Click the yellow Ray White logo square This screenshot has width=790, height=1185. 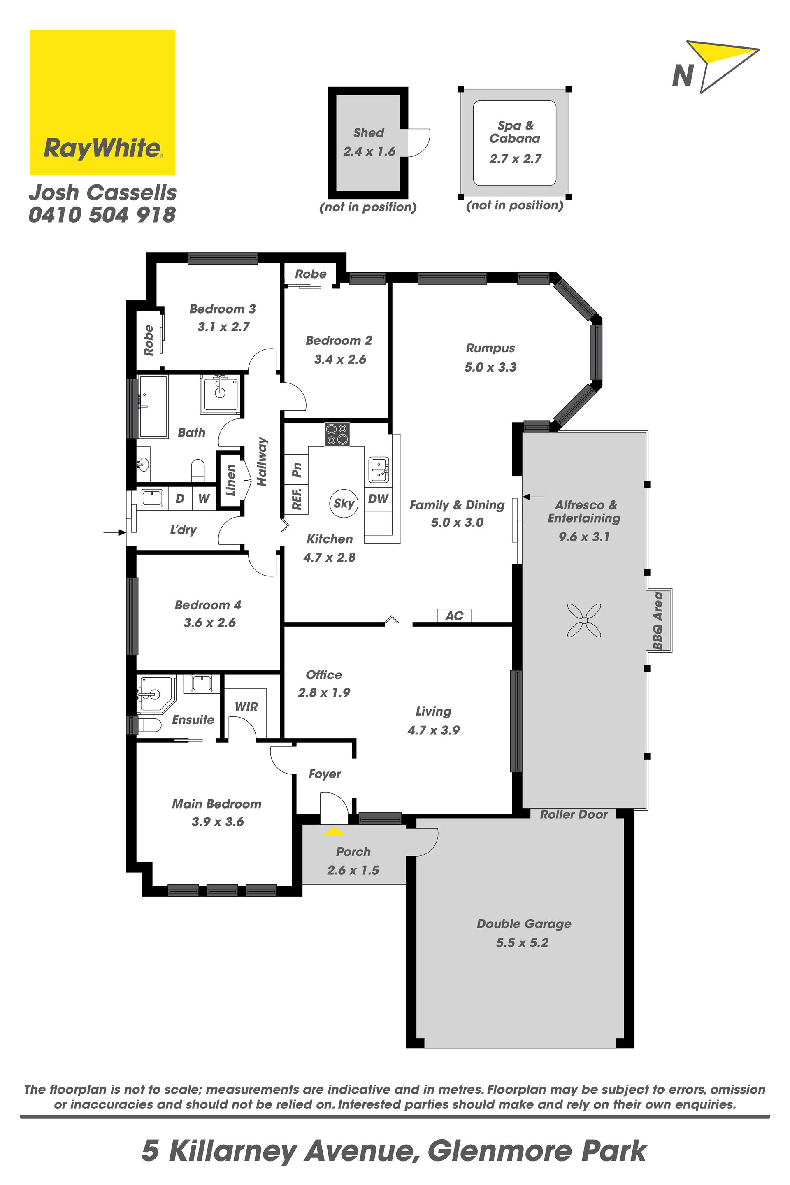tap(102, 102)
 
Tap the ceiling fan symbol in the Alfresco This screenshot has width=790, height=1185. tap(584, 620)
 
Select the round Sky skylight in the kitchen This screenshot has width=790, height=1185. tap(344, 503)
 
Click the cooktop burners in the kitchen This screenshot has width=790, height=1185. tap(337, 434)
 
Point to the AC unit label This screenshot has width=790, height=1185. tap(454, 616)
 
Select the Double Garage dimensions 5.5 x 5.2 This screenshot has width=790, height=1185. tap(522, 943)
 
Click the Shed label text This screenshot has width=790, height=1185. tap(368, 133)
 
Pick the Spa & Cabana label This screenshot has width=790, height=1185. tap(515, 132)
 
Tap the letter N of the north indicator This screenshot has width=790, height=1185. tap(683, 76)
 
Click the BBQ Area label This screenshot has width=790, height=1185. tap(658, 620)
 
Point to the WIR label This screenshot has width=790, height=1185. tap(246, 707)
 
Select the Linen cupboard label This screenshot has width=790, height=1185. tap(230, 480)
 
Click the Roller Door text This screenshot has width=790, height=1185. tap(574, 815)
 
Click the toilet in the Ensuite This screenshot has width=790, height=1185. tap(149, 725)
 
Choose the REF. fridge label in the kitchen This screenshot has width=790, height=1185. tap(297, 498)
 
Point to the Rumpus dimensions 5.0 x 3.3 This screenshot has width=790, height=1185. tap(490, 367)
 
